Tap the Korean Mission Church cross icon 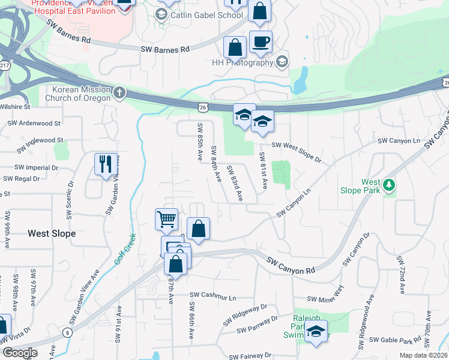(119, 92)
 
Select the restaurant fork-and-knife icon (106, 163)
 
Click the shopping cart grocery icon (166, 218)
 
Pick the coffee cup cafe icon (261, 42)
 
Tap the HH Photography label (243, 62)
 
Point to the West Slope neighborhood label (52, 233)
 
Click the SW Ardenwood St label (34, 124)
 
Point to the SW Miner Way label (325, 299)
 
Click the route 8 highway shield (65, 331)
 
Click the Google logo (20, 352)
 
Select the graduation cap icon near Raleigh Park (316, 331)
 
